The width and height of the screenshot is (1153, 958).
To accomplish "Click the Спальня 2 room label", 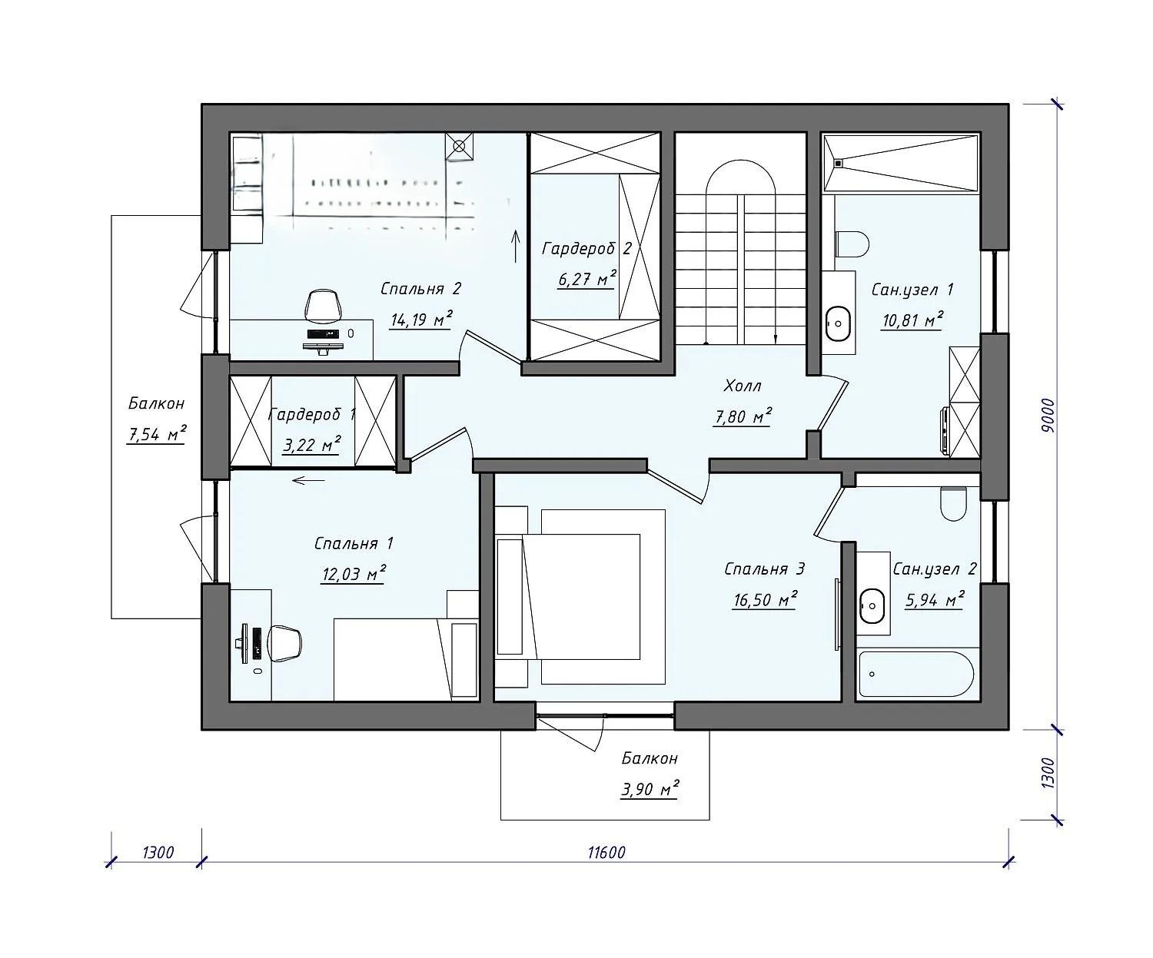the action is pyautogui.click(x=420, y=289).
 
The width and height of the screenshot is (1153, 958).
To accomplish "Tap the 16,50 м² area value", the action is pyautogui.click(x=765, y=598).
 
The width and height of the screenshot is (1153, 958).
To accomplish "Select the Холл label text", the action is pyautogui.click(x=743, y=386).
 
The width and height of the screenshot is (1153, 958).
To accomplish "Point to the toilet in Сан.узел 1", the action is pyautogui.click(x=852, y=244).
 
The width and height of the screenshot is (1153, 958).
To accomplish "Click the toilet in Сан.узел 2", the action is pyautogui.click(x=953, y=502).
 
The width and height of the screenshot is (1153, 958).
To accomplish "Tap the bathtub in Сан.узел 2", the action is pyautogui.click(x=915, y=675).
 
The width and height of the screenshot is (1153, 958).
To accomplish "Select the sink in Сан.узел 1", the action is pyautogui.click(x=839, y=323).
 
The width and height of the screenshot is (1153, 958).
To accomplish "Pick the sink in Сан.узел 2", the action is pyautogui.click(x=872, y=605).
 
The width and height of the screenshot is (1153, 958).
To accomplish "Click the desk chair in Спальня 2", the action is pyautogui.click(x=324, y=306).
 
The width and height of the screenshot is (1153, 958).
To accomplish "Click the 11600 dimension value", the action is pyautogui.click(x=606, y=853).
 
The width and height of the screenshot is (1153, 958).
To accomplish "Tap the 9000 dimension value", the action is pyautogui.click(x=1048, y=415).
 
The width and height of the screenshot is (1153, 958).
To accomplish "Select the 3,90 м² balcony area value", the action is pyautogui.click(x=650, y=789).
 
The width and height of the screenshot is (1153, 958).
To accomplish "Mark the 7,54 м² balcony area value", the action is pyautogui.click(x=156, y=434).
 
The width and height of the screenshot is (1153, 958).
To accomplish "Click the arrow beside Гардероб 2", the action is pyautogui.click(x=517, y=246).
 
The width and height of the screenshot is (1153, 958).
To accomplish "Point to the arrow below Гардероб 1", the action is pyautogui.click(x=308, y=480).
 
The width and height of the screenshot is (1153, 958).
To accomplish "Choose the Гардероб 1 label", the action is pyautogui.click(x=312, y=414).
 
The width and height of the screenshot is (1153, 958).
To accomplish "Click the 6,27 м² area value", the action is pyautogui.click(x=586, y=279).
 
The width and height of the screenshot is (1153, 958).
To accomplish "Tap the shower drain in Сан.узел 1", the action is pyautogui.click(x=839, y=163).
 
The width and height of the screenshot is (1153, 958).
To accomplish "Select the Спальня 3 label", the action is pyautogui.click(x=764, y=569).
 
